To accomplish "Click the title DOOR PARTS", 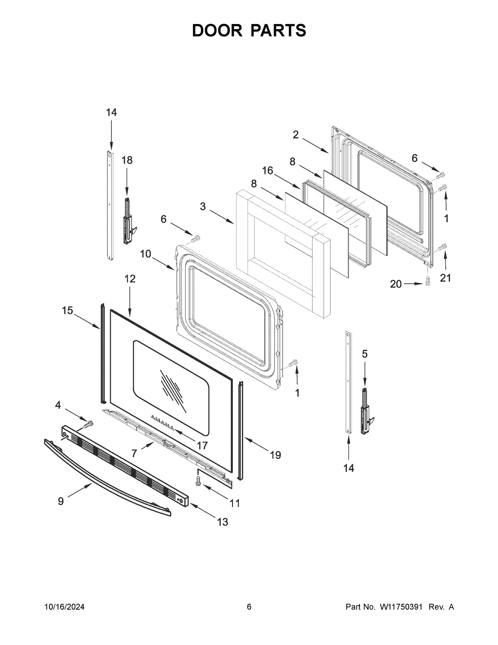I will [249, 31].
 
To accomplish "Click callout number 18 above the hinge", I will [127, 160].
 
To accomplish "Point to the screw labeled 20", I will [427, 281].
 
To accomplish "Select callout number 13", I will [222, 522].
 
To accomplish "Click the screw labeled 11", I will [198, 481].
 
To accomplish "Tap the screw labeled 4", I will [88, 424].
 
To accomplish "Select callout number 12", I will [130, 279].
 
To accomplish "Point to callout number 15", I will [67, 310].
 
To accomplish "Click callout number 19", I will [275, 455].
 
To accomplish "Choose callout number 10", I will [145, 254].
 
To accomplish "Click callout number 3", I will [203, 206].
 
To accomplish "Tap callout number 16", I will [268, 170].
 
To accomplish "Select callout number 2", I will [295, 135].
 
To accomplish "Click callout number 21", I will [445, 278].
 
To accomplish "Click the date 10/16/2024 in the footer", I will [64, 607].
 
